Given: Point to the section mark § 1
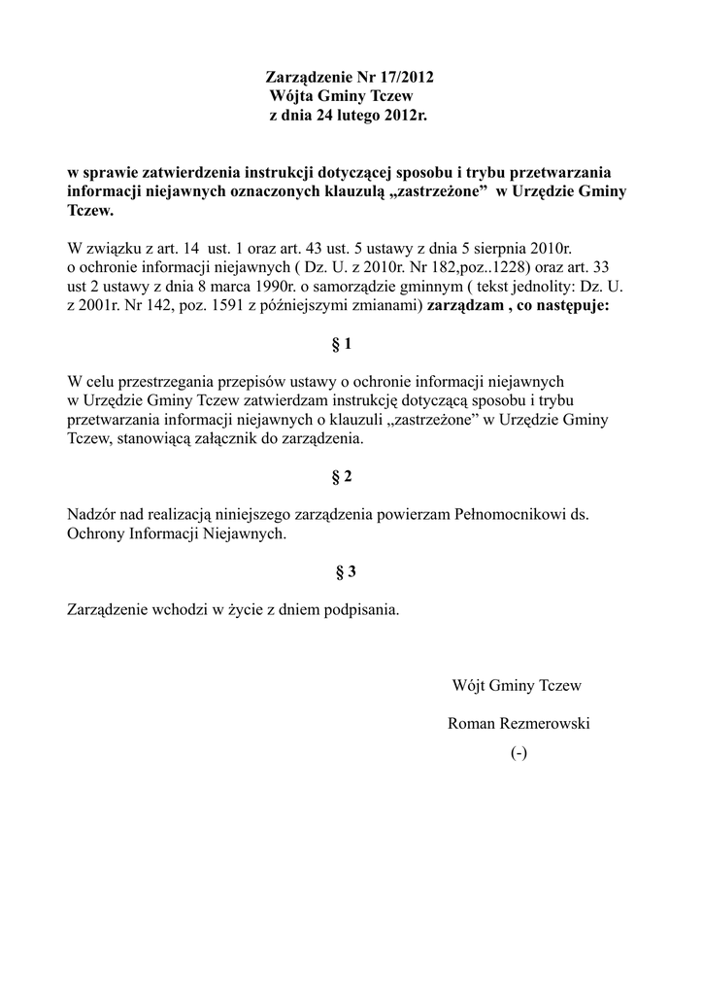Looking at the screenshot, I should click(x=341, y=344).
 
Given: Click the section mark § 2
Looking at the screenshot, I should click(x=341, y=477).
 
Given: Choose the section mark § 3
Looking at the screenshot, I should click(x=346, y=572).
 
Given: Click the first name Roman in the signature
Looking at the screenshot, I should click(x=471, y=724).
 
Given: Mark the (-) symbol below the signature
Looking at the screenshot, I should click(x=519, y=753).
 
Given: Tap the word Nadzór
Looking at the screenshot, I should click(x=93, y=515).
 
